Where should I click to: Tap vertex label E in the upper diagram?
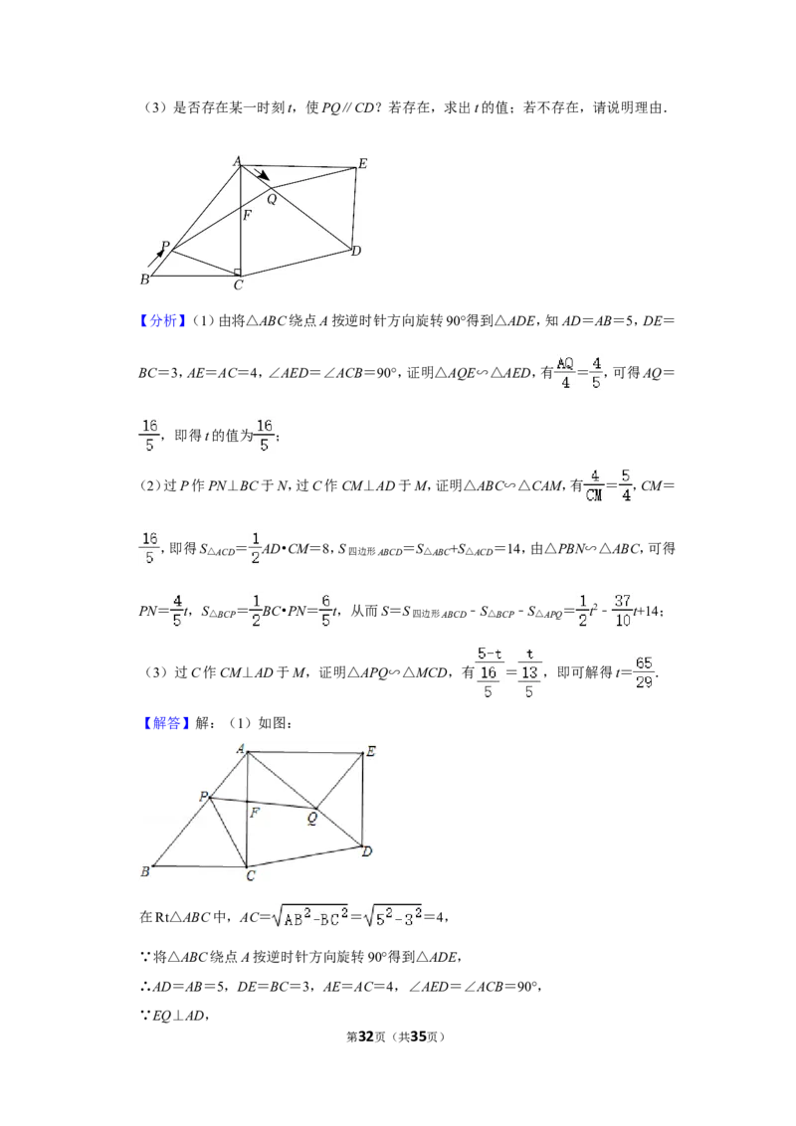[x=363, y=164]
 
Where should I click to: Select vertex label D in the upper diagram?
[x=356, y=251]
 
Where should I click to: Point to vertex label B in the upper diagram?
[x=144, y=280]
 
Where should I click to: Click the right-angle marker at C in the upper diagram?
[x=237, y=273]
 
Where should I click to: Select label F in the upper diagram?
[x=247, y=215]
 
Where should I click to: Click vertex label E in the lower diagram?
[x=371, y=752]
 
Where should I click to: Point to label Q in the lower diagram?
[x=311, y=818]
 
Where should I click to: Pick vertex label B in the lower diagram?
[x=145, y=871]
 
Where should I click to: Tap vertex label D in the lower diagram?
[x=367, y=851]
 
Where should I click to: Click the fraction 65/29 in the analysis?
[x=644, y=672]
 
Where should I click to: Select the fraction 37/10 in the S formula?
[x=623, y=611]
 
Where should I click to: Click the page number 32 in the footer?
[x=366, y=1036]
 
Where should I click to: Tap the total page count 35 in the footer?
[x=418, y=1036]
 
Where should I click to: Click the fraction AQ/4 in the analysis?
[x=565, y=373]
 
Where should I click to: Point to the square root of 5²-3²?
[x=393, y=915]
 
